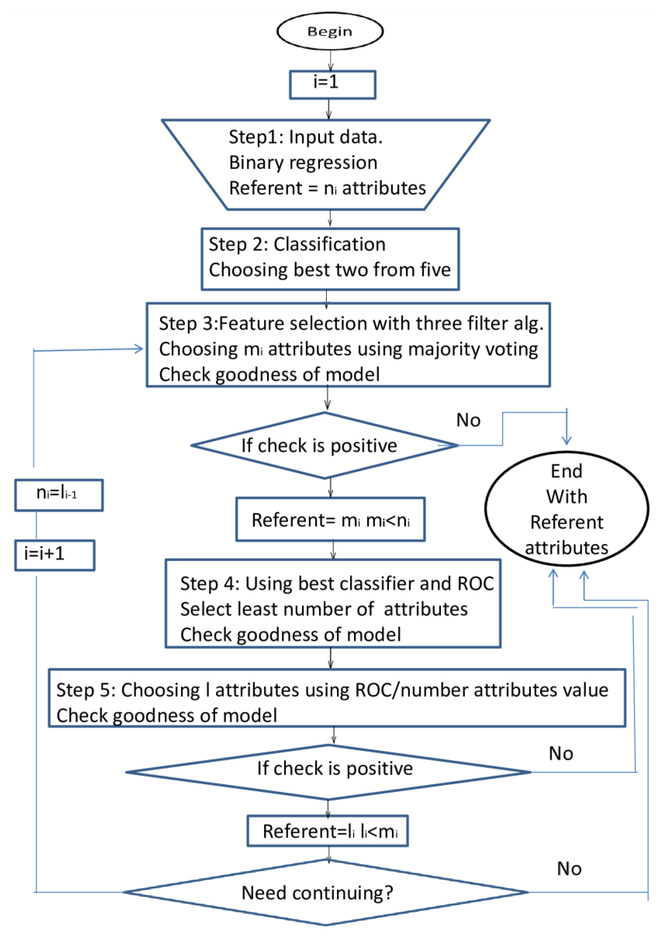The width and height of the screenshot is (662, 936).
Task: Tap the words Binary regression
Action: tap(303, 163)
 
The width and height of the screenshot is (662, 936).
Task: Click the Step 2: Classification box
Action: tap(330, 259)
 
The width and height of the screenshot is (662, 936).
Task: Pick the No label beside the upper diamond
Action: tap(468, 420)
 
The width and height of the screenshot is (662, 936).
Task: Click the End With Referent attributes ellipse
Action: tap(566, 509)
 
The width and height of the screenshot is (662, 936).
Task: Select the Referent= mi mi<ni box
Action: tap(330, 519)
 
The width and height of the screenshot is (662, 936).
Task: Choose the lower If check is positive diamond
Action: tap(328, 772)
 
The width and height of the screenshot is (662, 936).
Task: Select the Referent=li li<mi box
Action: tap(328, 831)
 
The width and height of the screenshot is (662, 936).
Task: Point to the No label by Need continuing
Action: tap(569, 869)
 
